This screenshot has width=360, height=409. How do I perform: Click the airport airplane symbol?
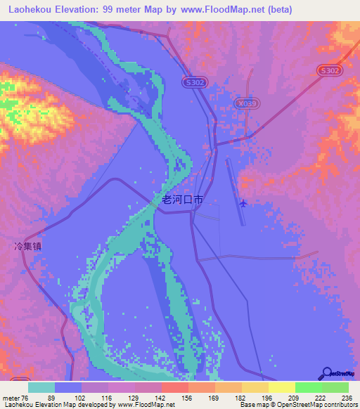pos(243,204)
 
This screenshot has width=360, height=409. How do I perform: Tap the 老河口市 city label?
pos(183,200)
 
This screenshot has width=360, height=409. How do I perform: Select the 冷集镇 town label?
pos(28,247)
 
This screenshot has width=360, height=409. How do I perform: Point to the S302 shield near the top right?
pos(329,70)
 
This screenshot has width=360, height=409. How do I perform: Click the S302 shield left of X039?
pos(196,82)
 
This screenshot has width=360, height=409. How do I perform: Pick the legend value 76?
pos(25,397)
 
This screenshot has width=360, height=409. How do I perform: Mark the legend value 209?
pos(295,397)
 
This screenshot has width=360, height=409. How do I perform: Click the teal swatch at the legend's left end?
pos(41,387)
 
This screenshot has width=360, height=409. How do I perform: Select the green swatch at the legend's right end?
pos(335,387)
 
